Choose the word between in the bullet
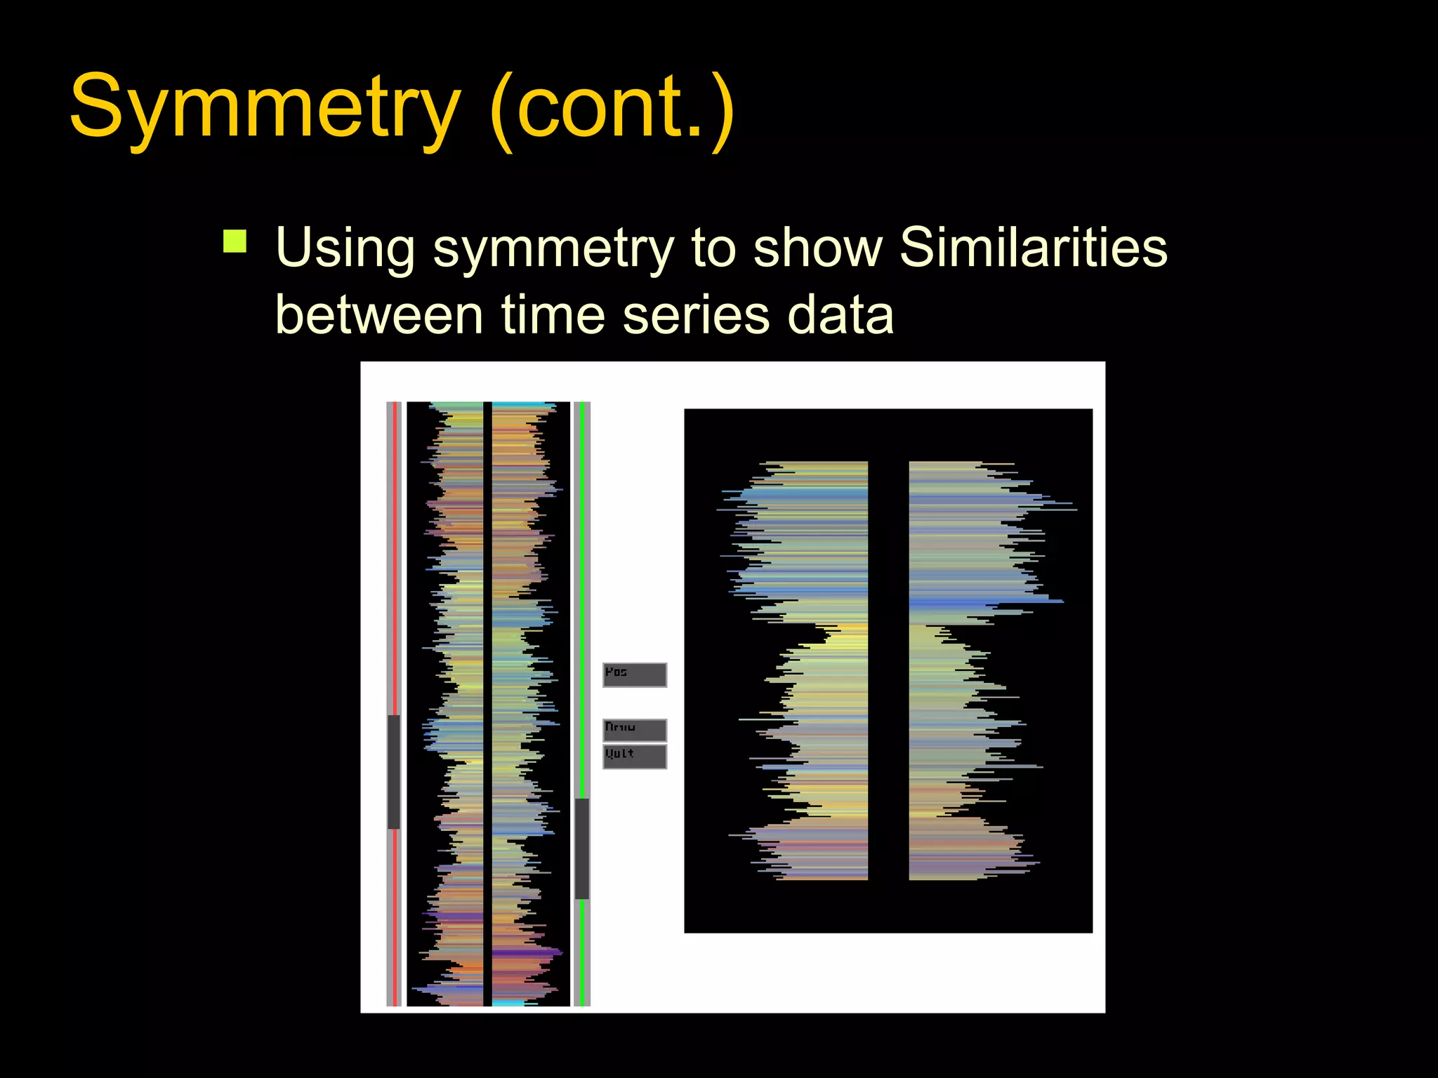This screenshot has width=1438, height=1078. (x=378, y=315)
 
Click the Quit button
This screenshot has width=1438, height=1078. (x=635, y=757)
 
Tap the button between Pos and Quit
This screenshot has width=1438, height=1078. (x=635, y=730)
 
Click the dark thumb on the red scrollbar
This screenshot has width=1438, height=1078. (x=394, y=771)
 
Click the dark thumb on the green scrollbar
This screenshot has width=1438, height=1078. (x=582, y=849)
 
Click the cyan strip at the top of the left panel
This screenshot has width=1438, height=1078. (x=520, y=405)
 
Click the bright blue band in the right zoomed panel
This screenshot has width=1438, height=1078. (x=983, y=602)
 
